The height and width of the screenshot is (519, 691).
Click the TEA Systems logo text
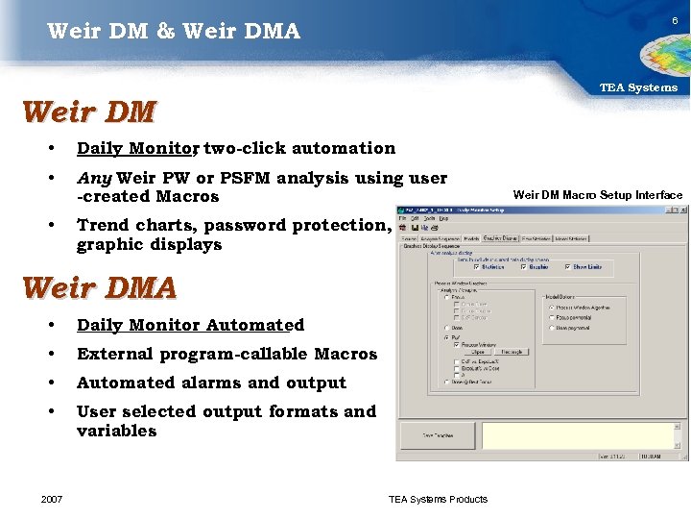(638, 87)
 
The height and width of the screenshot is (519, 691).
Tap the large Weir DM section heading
(88, 112)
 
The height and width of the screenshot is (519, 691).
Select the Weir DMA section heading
(98, 287)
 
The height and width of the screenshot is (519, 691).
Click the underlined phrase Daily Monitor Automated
(190, 325)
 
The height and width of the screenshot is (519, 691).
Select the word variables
(116, 431)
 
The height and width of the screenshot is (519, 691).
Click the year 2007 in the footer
(53, 499)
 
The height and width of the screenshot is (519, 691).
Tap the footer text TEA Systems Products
(438, 499)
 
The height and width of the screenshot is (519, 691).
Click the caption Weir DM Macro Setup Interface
(597, 195)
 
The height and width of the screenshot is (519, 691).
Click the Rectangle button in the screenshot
(512, 352)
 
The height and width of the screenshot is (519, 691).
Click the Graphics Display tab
(499, 238)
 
